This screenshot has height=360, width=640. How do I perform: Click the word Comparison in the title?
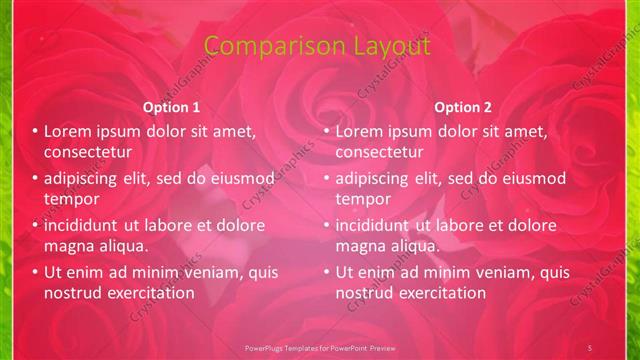pos(263,46)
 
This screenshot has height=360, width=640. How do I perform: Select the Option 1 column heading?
pos(171,107)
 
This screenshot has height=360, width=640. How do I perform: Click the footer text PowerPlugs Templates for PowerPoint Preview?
pos(320,346)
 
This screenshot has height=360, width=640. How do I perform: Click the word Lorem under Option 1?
pos(68,131)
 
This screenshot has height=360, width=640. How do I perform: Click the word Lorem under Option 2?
pos(359,131)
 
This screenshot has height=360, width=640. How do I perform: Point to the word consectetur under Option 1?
pos(88,152)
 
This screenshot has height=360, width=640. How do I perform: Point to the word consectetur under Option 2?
pos(379,152)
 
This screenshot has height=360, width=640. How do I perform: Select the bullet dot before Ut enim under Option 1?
pos(35,272)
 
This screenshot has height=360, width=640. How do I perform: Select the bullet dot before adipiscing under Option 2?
pos(326,179)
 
